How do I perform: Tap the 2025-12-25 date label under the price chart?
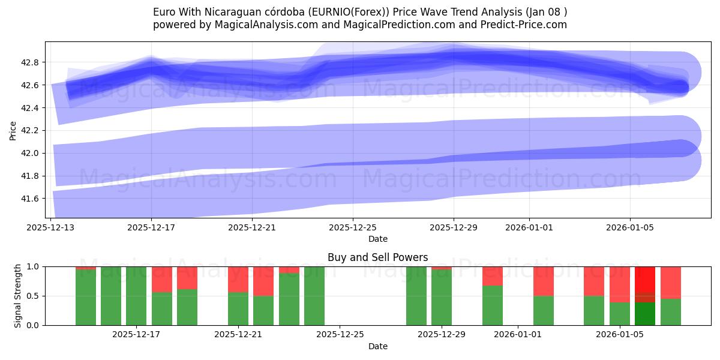tap(353, 228)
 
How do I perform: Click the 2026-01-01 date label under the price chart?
tap(529, 228)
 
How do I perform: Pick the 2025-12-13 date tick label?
tap(50, 228)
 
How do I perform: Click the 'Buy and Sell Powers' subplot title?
tap(377, 257)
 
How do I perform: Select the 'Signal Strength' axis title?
tap(18, 296)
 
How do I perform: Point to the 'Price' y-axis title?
tap(13, 130)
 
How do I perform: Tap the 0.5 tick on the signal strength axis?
tap(34, 296)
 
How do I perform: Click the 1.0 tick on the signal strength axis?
tap(34, 266)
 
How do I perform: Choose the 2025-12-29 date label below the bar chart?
tap(442, 335)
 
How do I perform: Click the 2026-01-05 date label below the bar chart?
tap(619, 335)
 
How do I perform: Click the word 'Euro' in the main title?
tap(164, 12)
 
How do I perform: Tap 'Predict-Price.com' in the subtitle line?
tap(522, 25)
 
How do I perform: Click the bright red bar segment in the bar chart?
tap(645, 279)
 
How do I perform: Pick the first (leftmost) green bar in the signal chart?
tap(86, 297)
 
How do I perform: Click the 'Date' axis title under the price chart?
tap(377, 239)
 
